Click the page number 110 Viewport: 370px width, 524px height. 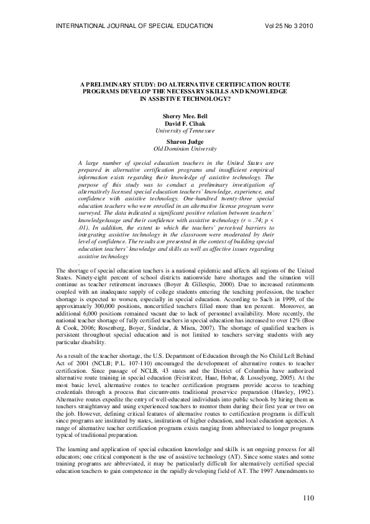click(x=309, y=497)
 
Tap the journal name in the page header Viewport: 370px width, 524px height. click(x=134, y=26)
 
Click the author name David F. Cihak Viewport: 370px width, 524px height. click(x=185, y=124)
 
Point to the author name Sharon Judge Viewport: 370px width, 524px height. click(x=185, y=142)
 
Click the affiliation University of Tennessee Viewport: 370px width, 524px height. click(x=185, y=131)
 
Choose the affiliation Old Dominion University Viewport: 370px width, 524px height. click(x=185, y=149)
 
